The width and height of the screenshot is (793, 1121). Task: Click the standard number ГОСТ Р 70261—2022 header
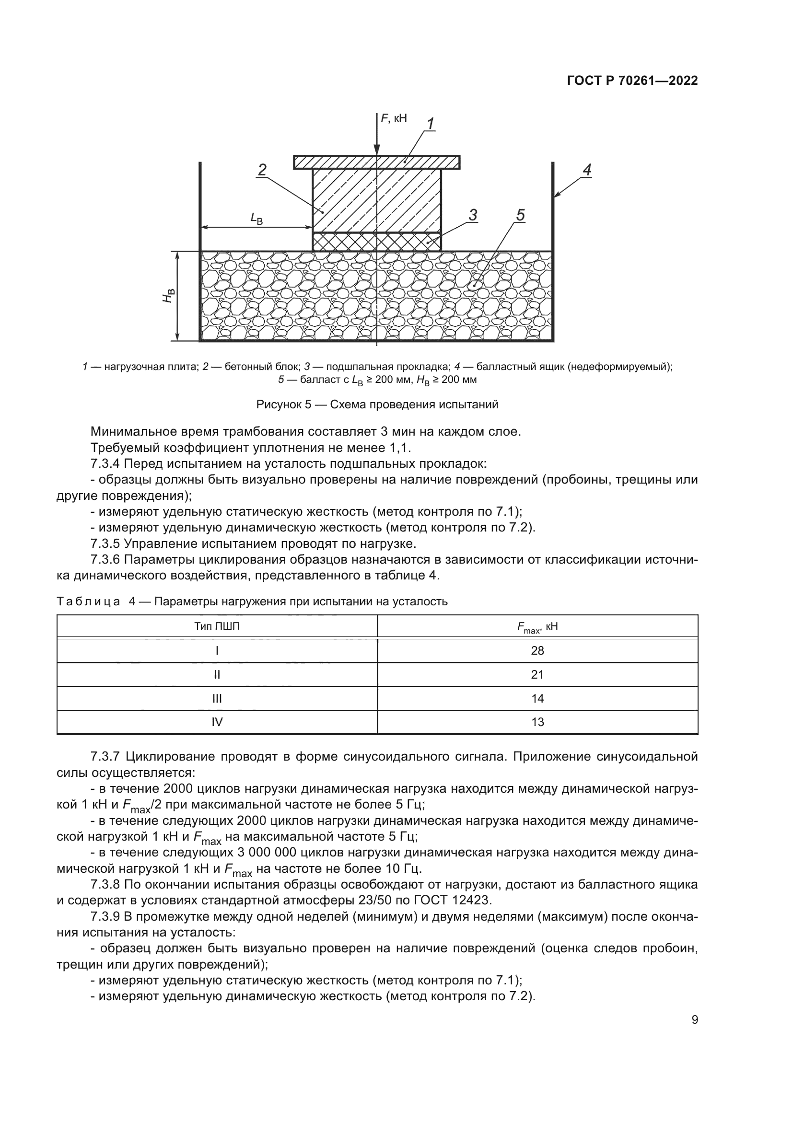632,81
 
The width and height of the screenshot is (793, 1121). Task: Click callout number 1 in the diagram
431,124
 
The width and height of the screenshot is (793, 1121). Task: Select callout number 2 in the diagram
262,171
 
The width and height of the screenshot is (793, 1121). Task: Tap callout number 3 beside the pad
473,215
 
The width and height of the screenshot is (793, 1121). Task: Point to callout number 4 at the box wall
587,171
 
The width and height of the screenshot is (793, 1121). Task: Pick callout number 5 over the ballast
520,215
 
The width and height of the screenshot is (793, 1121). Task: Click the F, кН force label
394,118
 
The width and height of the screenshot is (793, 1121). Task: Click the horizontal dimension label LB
257,218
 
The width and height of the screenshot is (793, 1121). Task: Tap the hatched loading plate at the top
342,162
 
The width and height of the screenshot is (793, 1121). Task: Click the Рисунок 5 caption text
377,404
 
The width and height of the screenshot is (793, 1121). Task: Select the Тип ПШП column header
217,626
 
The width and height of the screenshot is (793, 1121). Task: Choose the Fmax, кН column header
537,627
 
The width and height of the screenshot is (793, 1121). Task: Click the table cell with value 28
537,651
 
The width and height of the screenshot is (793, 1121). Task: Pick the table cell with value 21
537,675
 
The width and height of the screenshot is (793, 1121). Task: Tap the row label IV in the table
217,722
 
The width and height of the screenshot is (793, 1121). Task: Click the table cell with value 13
537,722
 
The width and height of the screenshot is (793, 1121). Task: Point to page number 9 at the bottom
694,1020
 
